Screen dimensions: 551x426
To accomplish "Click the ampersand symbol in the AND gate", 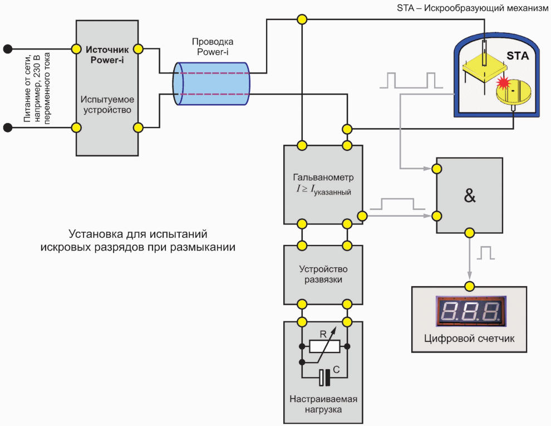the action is click(470, 196).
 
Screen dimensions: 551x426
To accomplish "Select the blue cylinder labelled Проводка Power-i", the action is click(211, 84).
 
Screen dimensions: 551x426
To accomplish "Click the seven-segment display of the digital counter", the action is click(470, 311).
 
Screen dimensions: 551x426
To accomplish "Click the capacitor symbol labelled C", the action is click(324, 378).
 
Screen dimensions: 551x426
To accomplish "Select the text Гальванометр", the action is click(323, 177).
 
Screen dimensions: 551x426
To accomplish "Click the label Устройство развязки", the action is click(323, 274).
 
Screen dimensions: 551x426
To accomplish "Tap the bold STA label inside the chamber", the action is click(517, 56).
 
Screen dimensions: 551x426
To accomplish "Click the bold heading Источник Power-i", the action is click(107, 55).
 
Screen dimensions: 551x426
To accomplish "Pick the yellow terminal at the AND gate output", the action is click(470, 233).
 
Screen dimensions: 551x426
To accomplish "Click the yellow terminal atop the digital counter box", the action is click(470, 286).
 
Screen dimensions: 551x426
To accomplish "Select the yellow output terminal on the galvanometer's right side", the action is click(362, 216).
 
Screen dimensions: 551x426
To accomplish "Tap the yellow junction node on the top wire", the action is click(302, 19).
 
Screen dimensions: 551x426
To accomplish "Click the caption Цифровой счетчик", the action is click(469, 339).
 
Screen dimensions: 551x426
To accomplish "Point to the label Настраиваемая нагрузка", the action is click(323, 404).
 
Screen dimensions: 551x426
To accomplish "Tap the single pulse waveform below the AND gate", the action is click(486, 253).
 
